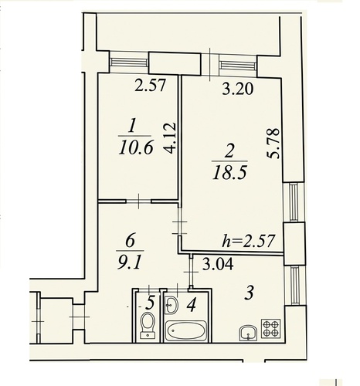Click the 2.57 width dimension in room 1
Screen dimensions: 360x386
pyautogui.click(x=150, y=86)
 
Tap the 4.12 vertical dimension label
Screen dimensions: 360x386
pyautogui.click(x=170, y=137)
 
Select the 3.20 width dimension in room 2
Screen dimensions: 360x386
pyautogui.click(x=238, y=90)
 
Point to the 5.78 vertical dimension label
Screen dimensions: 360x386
pyautogui.click(x=273, y=143)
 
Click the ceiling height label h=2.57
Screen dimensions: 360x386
pyautogui.click(x=249, y=241)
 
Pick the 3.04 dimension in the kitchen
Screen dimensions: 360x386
pyautogui.click(x=218, y=264)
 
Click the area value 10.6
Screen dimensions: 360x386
pyautogui.click(x=136, y=148)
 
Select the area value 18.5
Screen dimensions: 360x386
pyautogui.click(x=230, y=172)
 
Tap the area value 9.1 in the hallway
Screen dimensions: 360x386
pyautogui.click(x=130, y=262)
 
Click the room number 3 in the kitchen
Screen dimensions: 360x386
pyautogui.click(x=250, y=293)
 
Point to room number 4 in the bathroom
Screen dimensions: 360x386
pyautogui.click(x=192, y=306)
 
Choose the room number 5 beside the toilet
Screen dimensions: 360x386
pyautogui.click(x=150, y=303)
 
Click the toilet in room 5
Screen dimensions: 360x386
pyautogui.click(x=148, y=325)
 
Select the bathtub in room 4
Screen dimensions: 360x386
pyautogui.click(x=186, y=330)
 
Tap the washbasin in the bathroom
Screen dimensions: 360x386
pyautogui.click(x=172, y=305)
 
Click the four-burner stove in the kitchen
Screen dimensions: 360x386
pyautogui.click(x=270, y=328)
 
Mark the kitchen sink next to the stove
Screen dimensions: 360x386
pyautogui.click(x=248, y=334)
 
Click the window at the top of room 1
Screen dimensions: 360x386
pyautogui.click(x=129, y=63)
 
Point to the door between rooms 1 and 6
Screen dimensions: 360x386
pyautogui.click(x=138, y=201)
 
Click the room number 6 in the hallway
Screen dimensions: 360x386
pyautogui.click(x=130, y=241)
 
